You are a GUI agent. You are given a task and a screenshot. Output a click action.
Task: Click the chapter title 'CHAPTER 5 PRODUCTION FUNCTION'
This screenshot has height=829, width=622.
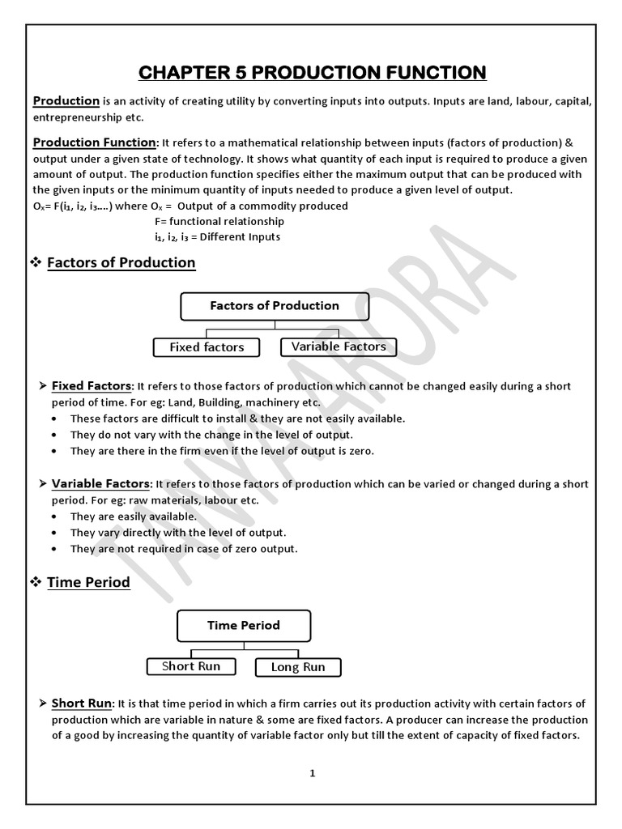tap(313, 73)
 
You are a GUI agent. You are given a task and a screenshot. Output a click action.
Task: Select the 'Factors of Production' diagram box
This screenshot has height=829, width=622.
tap(275, 306)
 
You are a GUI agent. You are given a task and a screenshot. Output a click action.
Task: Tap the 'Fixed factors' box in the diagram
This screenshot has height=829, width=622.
tap(207, 347)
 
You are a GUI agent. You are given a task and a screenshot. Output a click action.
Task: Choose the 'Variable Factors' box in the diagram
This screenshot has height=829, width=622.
tap(339, 346)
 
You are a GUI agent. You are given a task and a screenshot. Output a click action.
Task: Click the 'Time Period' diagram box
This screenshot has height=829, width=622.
tap(244, 626)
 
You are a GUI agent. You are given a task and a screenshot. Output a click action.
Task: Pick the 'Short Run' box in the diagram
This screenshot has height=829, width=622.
tap(191, 666)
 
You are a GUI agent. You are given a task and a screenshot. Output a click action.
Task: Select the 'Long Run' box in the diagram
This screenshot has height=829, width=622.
tap(298, 667)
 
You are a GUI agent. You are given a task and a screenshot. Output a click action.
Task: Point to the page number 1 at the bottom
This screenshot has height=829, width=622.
tap(313, 773)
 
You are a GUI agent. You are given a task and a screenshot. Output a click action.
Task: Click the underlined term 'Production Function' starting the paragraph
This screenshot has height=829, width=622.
tap(94, 142)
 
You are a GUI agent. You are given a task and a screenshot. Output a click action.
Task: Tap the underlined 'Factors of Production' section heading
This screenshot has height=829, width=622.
tap(121, 262)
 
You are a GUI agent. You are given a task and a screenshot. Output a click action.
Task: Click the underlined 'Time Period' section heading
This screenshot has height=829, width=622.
tap(88, 582)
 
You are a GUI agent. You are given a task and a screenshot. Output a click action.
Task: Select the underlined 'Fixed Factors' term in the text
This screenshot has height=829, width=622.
tap(91, 386)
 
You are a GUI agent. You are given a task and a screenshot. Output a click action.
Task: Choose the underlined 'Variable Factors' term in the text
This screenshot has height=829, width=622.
tap(100, 483)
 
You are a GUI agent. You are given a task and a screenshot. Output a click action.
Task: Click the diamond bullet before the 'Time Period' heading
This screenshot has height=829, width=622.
tap(36, 582)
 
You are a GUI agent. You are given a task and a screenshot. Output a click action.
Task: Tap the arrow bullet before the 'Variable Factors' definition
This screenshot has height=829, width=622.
tap(43, 483)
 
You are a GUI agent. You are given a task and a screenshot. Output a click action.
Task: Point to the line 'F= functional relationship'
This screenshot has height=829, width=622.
tap(219, 221)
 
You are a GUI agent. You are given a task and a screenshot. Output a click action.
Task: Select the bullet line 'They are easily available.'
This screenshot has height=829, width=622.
tap(133, 516)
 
